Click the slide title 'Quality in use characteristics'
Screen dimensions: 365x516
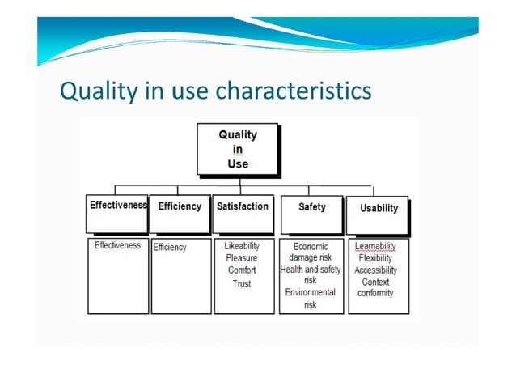pos(216,89)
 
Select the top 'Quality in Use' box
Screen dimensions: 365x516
pos(238,149)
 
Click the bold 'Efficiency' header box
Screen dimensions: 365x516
pos(180,206)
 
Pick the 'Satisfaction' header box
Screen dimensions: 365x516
pos(242,206)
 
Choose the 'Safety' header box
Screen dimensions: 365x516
pos(311,207)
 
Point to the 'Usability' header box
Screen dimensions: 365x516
pos(379,208)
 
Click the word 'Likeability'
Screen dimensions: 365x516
pos(242,245)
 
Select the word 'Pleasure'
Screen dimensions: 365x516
pos(242,258)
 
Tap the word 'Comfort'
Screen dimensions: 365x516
pos(242,270)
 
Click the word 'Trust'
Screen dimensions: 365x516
pos(242,283)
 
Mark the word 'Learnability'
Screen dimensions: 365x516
pos(375,245)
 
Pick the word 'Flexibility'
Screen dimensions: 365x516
pos(375,257)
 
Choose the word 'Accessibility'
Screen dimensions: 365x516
pos(375,270)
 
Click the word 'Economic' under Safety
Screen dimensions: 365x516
pos(311,245)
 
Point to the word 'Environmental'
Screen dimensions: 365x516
pos(310,292)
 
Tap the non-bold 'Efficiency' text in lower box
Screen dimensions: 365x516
pos(170,247)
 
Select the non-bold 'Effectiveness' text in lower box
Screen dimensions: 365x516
pos(117,245)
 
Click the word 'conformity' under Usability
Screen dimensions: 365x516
pos(375,293)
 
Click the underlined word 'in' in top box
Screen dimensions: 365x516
pos(238,149)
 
